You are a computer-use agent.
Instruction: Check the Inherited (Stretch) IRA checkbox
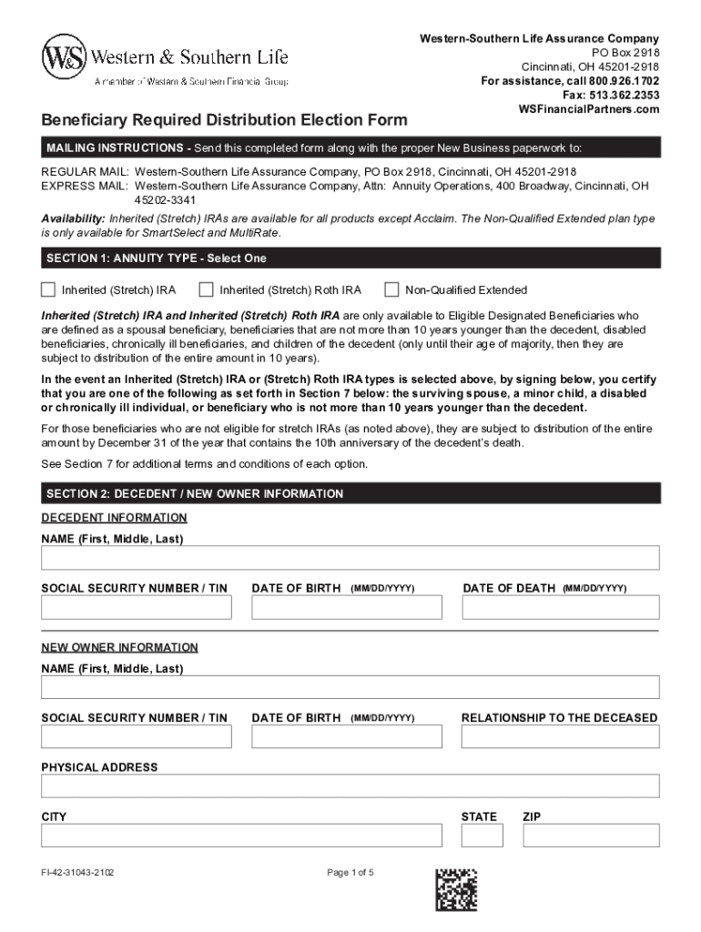tap(48, 289)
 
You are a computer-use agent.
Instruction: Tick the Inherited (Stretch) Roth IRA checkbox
tap(206, 289)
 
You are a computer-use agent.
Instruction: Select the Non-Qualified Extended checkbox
tap(391, 289)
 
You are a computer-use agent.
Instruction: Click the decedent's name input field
tap(350, 558)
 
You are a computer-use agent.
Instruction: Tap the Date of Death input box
tap(561, 607)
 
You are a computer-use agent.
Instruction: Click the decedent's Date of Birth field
tap(347, 607)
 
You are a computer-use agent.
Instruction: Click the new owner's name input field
tap(350, 687)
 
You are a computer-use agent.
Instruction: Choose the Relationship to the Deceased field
tap(561, 736)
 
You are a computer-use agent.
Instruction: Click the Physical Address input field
tap(350, 785)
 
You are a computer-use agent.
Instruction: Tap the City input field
tap(241, 835)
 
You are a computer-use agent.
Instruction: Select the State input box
tap(483, 835)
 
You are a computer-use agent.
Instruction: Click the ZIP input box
tap(591, 835)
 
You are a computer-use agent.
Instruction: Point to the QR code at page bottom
tap(456, 889)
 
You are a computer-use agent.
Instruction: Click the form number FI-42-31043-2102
tap(77, 873)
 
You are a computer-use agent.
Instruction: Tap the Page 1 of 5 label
tap(350, 873)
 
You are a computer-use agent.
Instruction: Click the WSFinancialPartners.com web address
tap(588, 109)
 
